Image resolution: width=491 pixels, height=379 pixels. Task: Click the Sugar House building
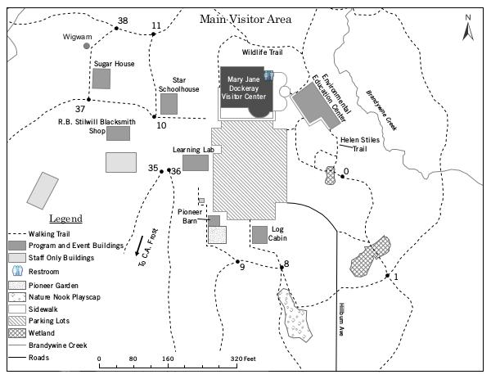pos(101,79)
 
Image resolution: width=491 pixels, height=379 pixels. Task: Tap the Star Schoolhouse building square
pos(169,104)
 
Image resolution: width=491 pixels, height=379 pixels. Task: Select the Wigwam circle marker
pos(88,47)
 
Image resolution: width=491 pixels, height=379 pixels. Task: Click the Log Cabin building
pos(259,234)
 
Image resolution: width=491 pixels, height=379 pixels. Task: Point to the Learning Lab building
pos(195,163)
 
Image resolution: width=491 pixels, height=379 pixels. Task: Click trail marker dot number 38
pos(116,29)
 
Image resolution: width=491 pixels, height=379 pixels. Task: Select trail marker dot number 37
pos(88,101)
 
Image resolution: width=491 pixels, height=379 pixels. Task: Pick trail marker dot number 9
pos(237,262)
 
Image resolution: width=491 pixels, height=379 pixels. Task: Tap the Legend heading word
pos(65,219)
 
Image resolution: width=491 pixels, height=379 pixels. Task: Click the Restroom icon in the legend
pos(18,271)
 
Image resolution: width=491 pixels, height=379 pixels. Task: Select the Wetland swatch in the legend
pos(18,333)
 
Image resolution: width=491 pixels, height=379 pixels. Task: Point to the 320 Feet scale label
pos(243,359)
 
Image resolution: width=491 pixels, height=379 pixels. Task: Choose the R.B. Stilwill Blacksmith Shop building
pos(118,133)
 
